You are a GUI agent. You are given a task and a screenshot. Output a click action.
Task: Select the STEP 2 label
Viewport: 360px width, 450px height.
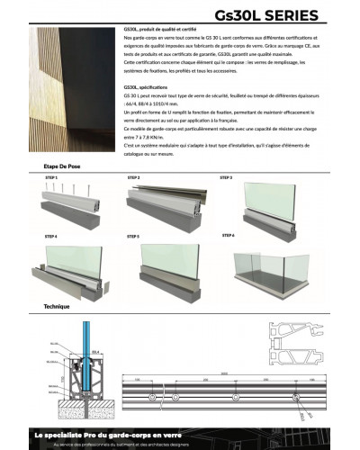[x=133, y=178]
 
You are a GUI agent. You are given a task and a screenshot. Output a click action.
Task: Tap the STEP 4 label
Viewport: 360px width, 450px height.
[x=50, y=236]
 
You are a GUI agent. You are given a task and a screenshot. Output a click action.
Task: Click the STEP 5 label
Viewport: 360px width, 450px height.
[x=133, y=235]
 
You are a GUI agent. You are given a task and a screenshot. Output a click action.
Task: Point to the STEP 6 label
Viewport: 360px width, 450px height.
[x=227, y=235]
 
